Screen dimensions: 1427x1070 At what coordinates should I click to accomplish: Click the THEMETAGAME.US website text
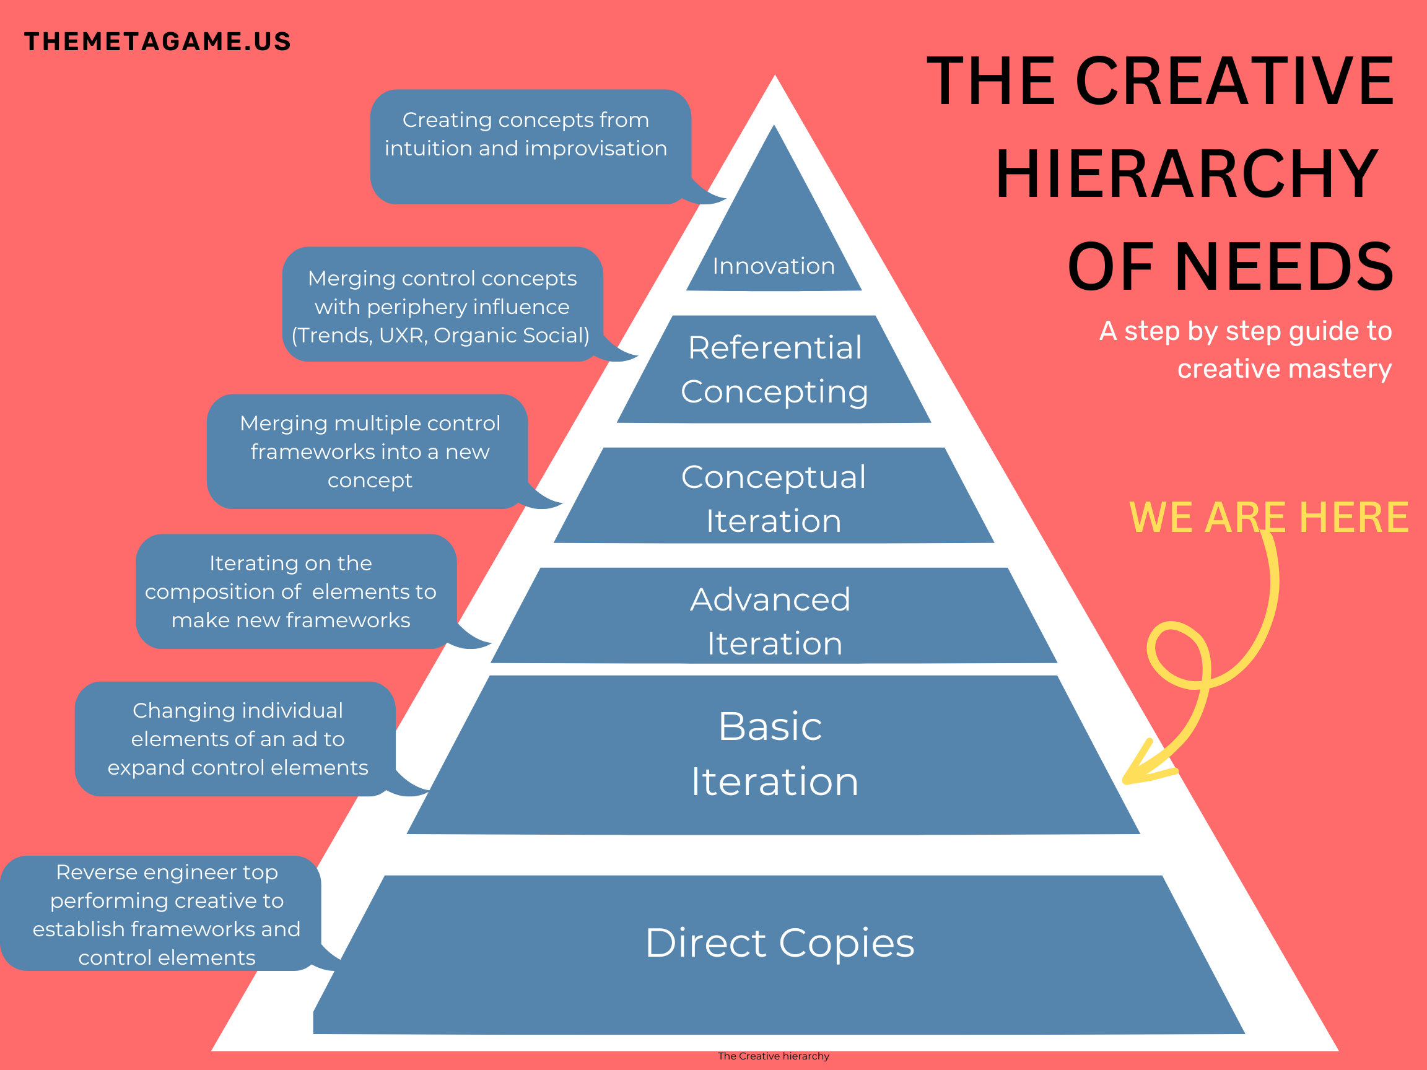157,41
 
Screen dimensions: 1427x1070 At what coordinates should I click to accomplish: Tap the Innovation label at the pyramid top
774,266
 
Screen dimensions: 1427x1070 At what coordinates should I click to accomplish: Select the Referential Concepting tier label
774,370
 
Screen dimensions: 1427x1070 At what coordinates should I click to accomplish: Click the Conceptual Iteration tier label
774,498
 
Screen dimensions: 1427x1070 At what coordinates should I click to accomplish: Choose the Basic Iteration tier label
774,754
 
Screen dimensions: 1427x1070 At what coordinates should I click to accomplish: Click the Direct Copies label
779,942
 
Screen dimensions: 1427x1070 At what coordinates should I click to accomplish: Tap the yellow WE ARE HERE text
1268,517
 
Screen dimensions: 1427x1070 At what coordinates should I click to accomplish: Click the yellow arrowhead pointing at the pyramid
1148,764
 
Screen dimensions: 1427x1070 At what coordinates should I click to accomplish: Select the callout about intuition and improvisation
530,147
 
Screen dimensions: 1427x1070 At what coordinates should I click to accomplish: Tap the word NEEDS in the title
1284,266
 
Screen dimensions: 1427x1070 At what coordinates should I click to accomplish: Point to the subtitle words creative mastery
1285,368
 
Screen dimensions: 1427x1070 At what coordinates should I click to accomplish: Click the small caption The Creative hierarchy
774,1056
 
